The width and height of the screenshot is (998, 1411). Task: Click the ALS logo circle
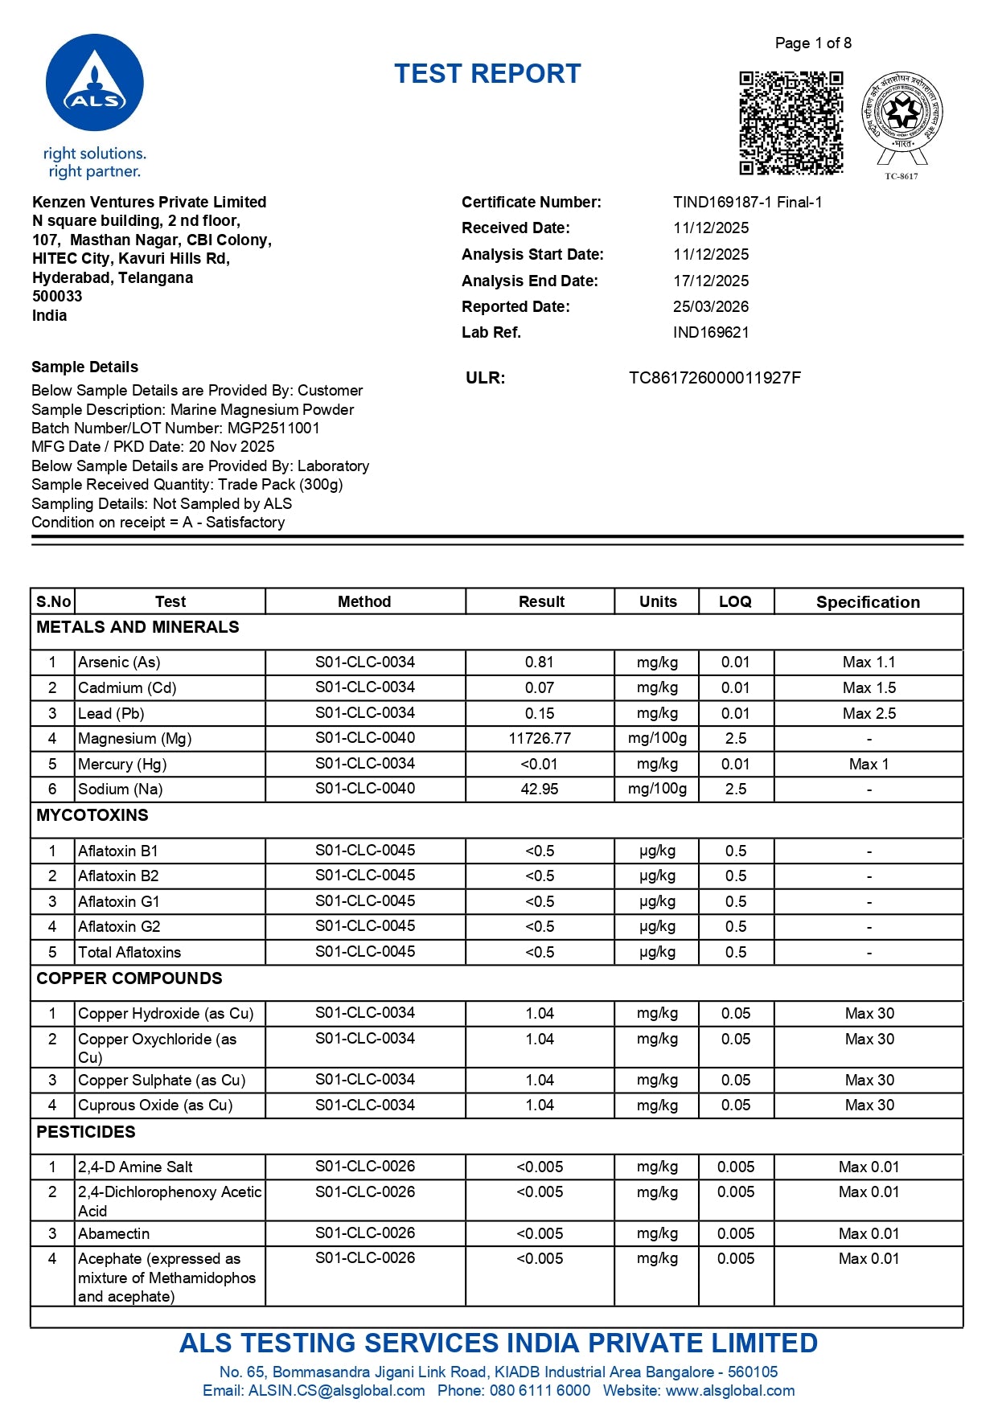(95, 83)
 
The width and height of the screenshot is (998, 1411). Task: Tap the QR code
(791, 122)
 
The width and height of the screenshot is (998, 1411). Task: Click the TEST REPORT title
(487, 74)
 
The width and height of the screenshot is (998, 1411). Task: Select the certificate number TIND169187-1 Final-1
(747, 202)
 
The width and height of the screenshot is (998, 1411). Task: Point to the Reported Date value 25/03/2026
(710, 306)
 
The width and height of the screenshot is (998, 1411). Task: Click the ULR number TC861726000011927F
(714, 378)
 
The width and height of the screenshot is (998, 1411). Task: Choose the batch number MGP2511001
(273, 428)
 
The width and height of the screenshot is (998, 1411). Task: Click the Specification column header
(868, 602)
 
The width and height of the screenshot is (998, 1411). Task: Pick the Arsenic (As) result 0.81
(539, 662)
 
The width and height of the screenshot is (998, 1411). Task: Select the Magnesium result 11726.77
(539, 738)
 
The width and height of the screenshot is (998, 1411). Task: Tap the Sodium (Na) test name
(120, 789)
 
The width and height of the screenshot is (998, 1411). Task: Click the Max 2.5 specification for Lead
(869, 713)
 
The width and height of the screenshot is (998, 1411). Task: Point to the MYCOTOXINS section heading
(92, 815)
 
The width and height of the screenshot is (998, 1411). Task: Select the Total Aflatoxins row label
(129, 952)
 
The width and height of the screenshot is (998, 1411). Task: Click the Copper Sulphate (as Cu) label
(162, 1080)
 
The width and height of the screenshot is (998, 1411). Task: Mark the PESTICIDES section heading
(86, 1132)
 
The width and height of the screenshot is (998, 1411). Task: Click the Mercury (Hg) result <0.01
(539, 764)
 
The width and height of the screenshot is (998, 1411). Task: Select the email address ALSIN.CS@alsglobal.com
(336, 1390)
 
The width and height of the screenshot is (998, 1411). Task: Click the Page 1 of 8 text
(812, 43)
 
